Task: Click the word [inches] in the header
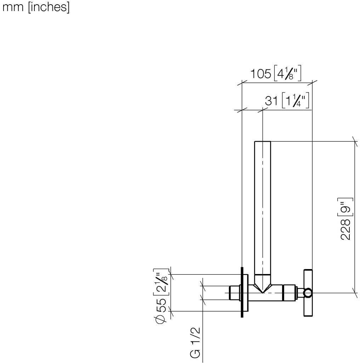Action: tap(49, 7)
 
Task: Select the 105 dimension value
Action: tap(261, 74)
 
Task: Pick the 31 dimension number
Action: tap(271, 101)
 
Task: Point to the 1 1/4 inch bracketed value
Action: tap(296, 100)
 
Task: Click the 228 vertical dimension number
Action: tap(345, 230)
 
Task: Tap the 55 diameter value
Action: tap(161, 305)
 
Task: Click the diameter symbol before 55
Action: tap(161, 319)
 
